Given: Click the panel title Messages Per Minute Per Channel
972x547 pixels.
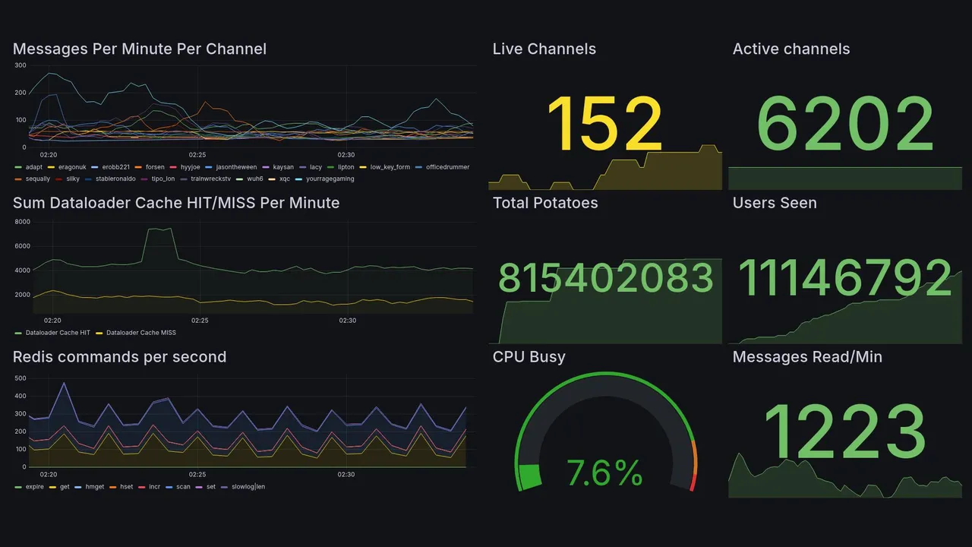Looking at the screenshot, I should (x=140, y=49).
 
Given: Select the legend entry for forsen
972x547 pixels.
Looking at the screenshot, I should (x=154, y=167).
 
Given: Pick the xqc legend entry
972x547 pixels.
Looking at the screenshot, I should (x=284, y=179).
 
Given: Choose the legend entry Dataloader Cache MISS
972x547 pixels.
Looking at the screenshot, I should (x=140, y=333).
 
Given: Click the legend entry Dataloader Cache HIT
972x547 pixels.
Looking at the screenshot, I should (x=58, y=333).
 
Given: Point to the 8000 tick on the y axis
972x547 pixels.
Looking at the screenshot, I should (x=22, y=222).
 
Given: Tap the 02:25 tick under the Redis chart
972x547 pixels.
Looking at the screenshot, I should (x=197, y=474).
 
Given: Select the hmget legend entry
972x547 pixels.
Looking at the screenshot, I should (x=94, y=487).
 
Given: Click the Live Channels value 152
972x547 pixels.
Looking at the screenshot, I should (x=604, y=124).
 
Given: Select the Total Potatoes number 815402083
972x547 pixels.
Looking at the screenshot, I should (x=606, y=279).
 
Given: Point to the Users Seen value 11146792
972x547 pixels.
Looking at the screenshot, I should (x=845, y=278).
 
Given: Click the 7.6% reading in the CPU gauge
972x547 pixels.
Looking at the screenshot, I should (x=605, y=474).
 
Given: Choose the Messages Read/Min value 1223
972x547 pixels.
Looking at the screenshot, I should (x=844, y=432).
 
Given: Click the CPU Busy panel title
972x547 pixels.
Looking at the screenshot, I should (x=529, y=357).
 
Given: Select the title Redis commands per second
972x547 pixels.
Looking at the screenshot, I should (x=119, y=357).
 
